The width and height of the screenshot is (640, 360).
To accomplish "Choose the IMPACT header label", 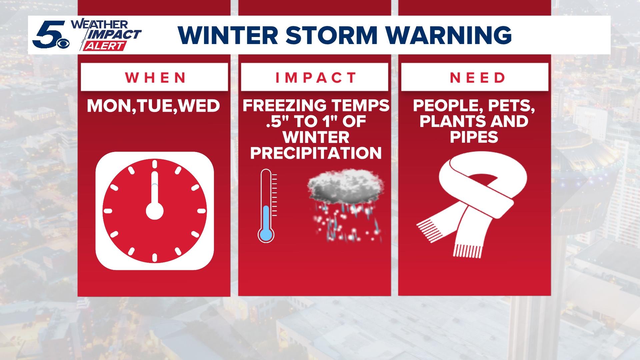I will pos(316,78).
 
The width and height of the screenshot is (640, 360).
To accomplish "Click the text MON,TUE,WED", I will pos(154,106).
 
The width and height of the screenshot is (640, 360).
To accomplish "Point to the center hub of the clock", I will pos(155,211).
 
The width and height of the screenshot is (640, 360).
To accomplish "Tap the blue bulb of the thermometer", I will pos(266,234).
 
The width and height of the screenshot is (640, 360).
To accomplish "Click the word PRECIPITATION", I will pos(316,153).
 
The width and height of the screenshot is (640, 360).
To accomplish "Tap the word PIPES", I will pos(474,137).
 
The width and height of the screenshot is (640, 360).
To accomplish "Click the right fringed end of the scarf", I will pos(468,250).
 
